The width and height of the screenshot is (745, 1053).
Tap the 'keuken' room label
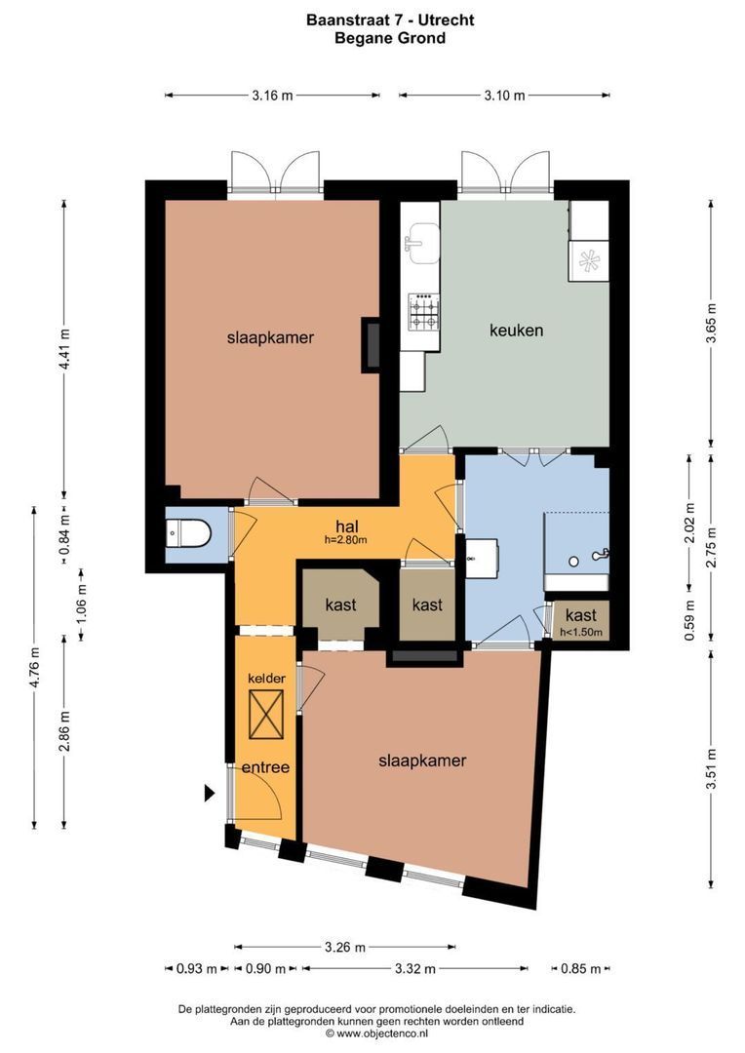pyautogui.click(x=516, y=331)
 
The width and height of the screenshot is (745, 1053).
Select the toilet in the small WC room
pyautogui.click(x=187, y=534)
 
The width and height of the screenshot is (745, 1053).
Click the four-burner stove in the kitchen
pyautogui.click(x=424, y=312)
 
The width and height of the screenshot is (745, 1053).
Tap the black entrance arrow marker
pyautogui.click(x=209, y=794)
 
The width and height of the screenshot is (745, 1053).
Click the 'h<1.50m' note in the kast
pyautogui.click(x=581, y=633)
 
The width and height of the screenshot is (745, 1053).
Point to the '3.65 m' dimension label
pyautogui.click(x=711, y=321)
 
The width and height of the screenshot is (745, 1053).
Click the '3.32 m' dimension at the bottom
pyautogui.click(x=415, y=969)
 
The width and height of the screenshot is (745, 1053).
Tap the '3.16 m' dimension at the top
pyautogui.click(x=272, y=96)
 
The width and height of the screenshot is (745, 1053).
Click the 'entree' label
pyautogui.click(x=266, y=767)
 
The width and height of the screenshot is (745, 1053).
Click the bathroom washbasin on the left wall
pyautogui.click(x=482, y=559)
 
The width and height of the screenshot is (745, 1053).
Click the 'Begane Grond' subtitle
pyautogui.click(x=390, y=39)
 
